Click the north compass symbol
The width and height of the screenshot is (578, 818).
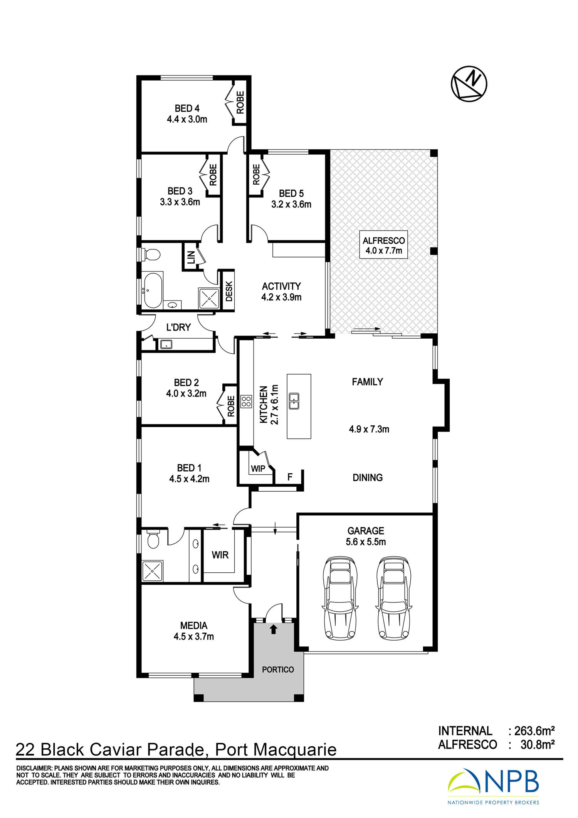point(469,84)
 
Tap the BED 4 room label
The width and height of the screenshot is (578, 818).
point(187,108)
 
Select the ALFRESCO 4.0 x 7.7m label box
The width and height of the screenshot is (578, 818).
point(383,245)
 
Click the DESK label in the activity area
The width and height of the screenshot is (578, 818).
point(229,291)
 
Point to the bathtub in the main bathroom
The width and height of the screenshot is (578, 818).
point(153,290)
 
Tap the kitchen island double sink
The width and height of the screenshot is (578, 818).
point(294,401)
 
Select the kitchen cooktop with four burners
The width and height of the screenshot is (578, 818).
point(246,401)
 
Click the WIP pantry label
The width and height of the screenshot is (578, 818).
point(258,469)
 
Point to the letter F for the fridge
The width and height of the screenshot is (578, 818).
point(290,477)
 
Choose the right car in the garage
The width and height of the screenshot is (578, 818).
point(393,598)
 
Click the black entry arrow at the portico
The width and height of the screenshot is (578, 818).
point(274,629)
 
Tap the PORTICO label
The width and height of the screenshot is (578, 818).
point(278,670)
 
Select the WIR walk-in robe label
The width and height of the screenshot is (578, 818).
point(220,555)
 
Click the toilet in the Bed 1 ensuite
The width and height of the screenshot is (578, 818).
point(153,539)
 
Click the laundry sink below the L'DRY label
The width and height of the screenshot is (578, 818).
point(166,344)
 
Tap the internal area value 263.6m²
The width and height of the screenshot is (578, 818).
point(534,730)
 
